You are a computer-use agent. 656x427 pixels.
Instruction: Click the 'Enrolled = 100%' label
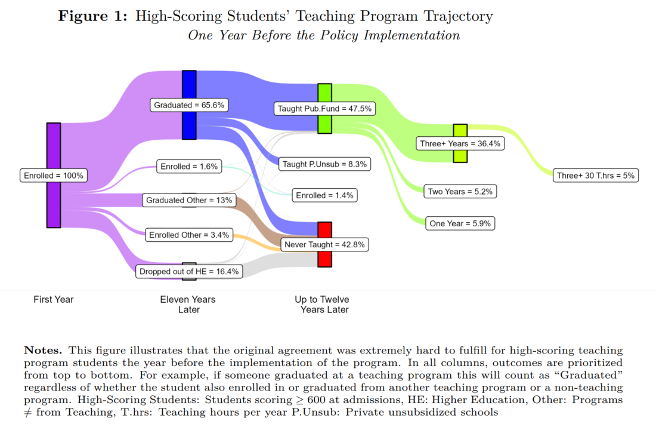point(54,176)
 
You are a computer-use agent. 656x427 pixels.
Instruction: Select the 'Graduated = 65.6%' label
point(189,105)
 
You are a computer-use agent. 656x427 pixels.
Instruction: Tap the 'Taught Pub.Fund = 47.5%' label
point(324,109)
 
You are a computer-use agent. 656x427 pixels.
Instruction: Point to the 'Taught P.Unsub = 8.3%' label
point(325,164)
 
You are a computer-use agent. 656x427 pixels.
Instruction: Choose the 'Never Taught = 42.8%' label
point(324,244)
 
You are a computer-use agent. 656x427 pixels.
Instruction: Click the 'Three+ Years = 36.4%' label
point(460,143)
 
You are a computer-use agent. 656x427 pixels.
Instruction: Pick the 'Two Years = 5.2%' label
point(460,191)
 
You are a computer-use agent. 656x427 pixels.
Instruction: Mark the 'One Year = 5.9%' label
point(460,223)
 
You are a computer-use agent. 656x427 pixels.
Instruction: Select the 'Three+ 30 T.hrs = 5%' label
point(596,176)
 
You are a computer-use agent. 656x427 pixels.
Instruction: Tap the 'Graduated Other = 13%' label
point(189,200)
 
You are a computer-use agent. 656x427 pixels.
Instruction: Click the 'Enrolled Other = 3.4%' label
point(189,235)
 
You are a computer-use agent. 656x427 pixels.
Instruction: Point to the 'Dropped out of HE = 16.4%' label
point(189,272)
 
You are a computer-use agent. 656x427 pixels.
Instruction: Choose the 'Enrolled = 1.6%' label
point(189,167)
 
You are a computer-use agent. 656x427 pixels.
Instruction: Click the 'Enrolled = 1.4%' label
point(324,195)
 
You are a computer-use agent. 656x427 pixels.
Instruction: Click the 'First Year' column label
point(54,299)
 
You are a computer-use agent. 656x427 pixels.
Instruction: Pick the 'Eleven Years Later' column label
point(188,305)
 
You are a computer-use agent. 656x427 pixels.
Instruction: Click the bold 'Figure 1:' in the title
point(92,16)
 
